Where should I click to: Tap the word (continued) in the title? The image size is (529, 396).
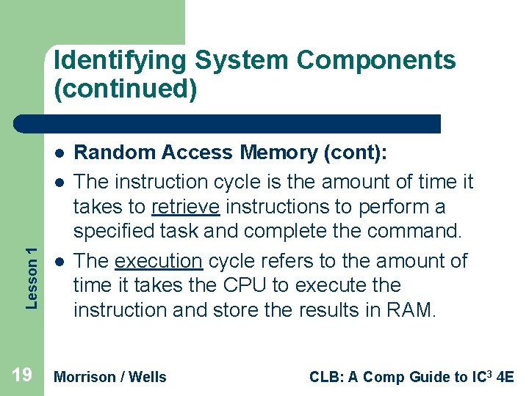[126, 89]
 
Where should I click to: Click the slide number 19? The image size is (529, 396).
[22, 376]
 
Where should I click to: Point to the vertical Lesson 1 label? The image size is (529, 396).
[31, 267]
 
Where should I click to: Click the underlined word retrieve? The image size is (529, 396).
[185, 207]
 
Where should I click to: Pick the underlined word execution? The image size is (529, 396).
[158, 260]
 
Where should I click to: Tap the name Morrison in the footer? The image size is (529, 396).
[85, 377]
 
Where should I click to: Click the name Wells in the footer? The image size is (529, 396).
[148, 377]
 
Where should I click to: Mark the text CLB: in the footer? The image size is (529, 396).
[326, 377]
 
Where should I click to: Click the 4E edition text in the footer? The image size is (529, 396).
[505, 377]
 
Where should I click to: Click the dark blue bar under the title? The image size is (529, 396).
[227, 123]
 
